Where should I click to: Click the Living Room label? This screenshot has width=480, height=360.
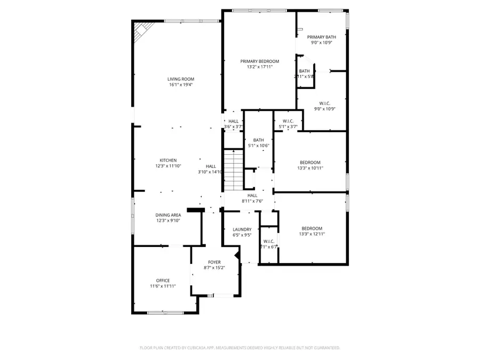coord(180,79)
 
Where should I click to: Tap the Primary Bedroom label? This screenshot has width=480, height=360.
coord(259,61)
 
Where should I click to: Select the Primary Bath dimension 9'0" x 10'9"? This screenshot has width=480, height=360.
coord(321,43)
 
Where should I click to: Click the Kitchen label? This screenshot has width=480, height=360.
coord(168,160)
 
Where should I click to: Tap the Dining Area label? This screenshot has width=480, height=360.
coord(168,214)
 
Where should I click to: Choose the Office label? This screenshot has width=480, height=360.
coord(163,281)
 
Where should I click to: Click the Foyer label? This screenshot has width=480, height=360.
coord(214,262)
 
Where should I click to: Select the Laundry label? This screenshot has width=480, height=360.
coord(242,229)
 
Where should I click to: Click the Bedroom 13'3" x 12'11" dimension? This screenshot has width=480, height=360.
coord(312,234)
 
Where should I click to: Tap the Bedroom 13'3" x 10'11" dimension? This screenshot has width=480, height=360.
coord(310,168)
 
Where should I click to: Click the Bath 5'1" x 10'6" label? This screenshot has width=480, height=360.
coord(259,140)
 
